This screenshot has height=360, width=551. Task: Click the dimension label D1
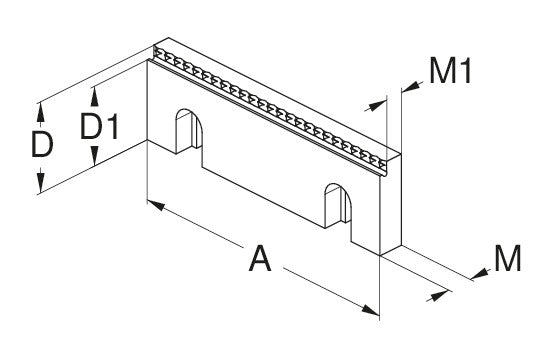pyautogui.click(x=100, y=126)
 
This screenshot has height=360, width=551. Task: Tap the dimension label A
pyautogui.click(x=260, y=259)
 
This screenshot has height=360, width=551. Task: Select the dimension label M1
pyautogui.click(x=450, y=71)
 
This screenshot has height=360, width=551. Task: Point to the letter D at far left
pyautogui.click(x=42, y=144)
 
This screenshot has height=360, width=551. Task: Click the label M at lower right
pyautogui.click(x=507, y=258)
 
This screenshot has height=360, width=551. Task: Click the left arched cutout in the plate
pyautogui.click(x=189, y=131)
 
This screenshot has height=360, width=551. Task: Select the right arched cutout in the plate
pyautogui.click(x=338, y=206)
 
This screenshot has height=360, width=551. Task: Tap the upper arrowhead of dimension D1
pyautogui.click(x=94, y=97)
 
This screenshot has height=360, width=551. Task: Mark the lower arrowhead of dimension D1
pyautogui.click(x=94, y=156)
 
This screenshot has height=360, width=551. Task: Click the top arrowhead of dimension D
pyautogui.click(x=41, y=112)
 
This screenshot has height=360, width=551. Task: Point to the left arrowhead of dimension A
pyautogui.click(x=156, y=205)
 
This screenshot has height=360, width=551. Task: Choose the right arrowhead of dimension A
pyautogui.click(x=370, y=310)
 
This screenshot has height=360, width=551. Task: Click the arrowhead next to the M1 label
pyautogui.click(x=412, y=86)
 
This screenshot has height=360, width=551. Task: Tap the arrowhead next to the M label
pyautogui.click(x=480, y=275)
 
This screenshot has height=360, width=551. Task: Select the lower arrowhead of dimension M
pyautogui.click(x=440, y=296)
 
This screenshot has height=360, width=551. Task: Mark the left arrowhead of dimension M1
pyautogui.click(x=376, y=105)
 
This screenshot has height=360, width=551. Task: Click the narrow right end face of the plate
pyautogui.click(x=391, y=204)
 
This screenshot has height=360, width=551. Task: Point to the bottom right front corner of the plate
pyautogui.click(x=380, y=256)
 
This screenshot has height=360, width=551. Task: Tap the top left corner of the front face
pyautogui.click(x=147, y=60)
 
